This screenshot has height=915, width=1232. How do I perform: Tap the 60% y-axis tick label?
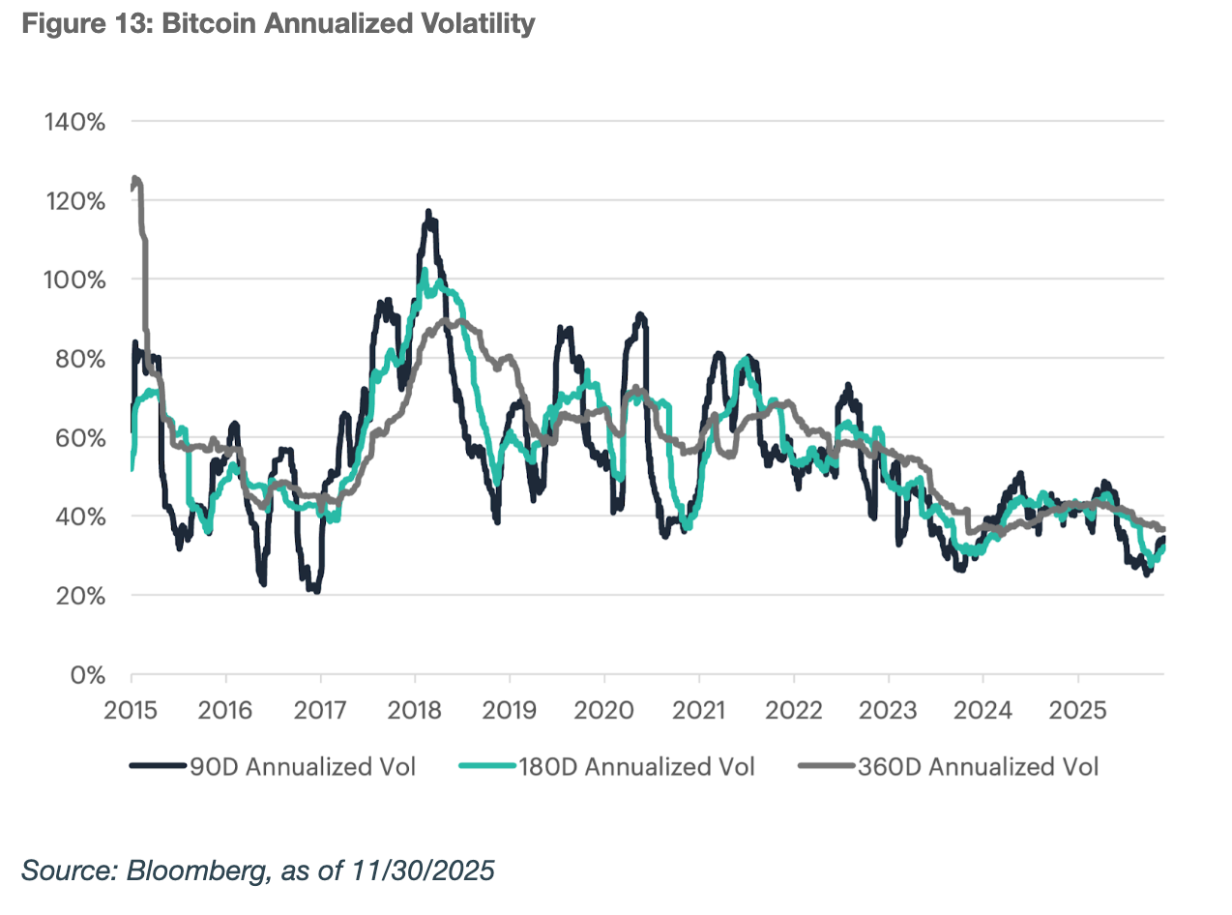[77, 437]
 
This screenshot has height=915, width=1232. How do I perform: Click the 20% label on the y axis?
[77, 596]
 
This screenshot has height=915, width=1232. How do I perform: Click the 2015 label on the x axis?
[131, 710]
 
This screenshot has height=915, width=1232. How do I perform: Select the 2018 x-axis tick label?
[415, 710]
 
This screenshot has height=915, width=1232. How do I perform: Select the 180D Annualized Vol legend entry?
[609, 767]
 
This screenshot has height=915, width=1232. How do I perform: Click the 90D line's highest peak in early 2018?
[428, 212]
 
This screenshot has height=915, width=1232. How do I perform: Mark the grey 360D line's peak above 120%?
[134, 179]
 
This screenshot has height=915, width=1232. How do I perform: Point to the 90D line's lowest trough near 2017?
[316, 590]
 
